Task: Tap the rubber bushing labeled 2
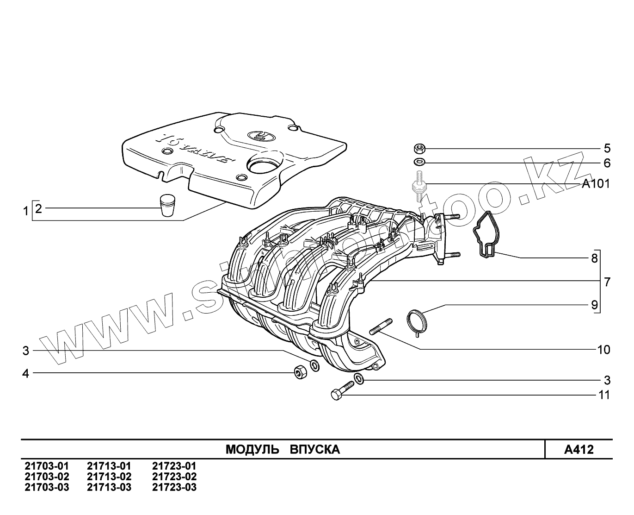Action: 167,205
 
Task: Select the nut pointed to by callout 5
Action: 419,149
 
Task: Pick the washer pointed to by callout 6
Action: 419,163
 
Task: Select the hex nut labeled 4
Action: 299,372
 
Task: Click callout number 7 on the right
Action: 607,282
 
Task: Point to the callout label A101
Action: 596,184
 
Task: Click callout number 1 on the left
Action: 26,212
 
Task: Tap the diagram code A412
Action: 579,450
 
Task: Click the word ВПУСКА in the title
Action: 314,450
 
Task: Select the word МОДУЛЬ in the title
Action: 252,450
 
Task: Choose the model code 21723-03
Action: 174,487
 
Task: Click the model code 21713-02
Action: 109,477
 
